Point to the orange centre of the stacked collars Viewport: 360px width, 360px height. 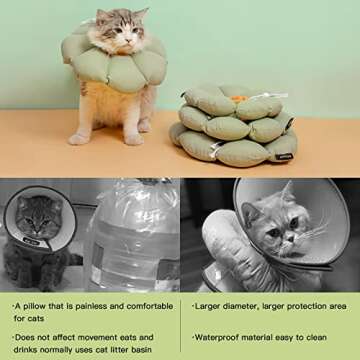[238, 99]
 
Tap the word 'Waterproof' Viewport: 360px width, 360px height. [222, 337]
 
